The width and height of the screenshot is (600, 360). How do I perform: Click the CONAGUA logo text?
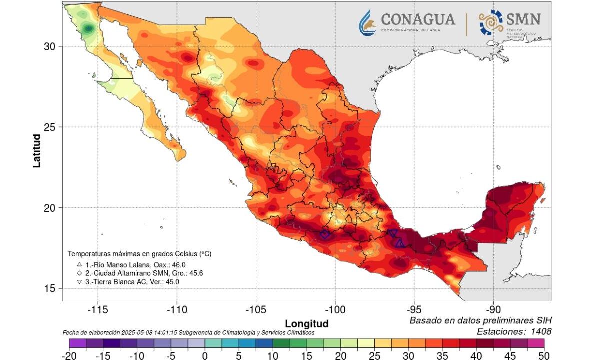(x=418, y=19)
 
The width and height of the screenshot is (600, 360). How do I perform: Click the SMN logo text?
(x=523, y=19)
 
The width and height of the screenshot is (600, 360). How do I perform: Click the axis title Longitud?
(x=306, y=323)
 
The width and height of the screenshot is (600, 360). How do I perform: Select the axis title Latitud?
(x=37, y=150)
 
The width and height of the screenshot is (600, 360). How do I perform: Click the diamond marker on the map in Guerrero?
(x=325, y=234)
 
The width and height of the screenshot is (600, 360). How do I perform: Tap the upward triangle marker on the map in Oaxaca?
(x=400, y=243)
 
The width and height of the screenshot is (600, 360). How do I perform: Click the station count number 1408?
(x=538, y=331)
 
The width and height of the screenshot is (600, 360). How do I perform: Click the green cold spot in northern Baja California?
(x=89, y=28)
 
